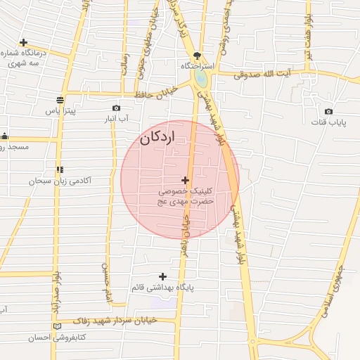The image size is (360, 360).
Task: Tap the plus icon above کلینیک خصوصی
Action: click(185, 181)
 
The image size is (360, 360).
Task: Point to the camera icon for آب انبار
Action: click(116, 108)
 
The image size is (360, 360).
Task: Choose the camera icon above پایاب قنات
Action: click(328, 111)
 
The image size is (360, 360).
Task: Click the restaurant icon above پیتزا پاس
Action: click(60, 99)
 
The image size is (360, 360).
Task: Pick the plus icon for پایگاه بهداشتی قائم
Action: click(163, 276)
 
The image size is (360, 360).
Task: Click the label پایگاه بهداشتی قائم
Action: click(162, 288)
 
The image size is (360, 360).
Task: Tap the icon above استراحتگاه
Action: click(198, 54)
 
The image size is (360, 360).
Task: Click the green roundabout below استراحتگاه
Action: click(200, 79)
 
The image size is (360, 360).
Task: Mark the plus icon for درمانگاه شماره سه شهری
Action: click(23, 42)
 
